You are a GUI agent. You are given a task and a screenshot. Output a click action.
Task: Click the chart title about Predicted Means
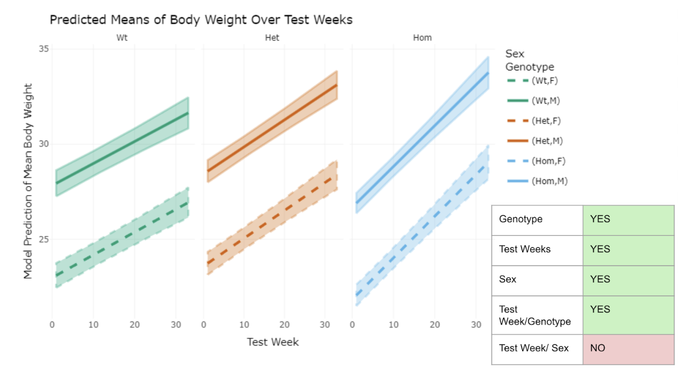click(x=201, y=20)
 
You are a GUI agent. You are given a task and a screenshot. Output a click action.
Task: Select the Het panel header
click(x=272, y=38)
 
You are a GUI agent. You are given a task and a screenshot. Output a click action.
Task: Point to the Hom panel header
click(x=422, y=38)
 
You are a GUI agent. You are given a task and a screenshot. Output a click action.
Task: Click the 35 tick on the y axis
click(x=44, y=49)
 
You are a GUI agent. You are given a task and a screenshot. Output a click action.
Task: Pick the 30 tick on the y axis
click(x=44, y=144)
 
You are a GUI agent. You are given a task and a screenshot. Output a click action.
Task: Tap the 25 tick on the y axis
click(x=44, y=239)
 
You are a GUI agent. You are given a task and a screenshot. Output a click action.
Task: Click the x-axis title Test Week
click(x=273, y=342)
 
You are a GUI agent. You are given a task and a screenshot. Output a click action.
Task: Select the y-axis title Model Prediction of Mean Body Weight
click(x=28, y=181)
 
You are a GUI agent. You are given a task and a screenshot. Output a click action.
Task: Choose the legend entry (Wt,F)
click(x=544, y=81)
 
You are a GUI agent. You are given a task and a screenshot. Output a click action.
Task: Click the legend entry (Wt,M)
click(x=545, y=101)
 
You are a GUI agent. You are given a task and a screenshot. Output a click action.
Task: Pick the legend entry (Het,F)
click(x=546, y=121)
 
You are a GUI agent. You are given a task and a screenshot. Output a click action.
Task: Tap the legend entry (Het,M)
click(x=547, y=141)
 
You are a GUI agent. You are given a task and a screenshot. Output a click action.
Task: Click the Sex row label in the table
click(x=508, y=279)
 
